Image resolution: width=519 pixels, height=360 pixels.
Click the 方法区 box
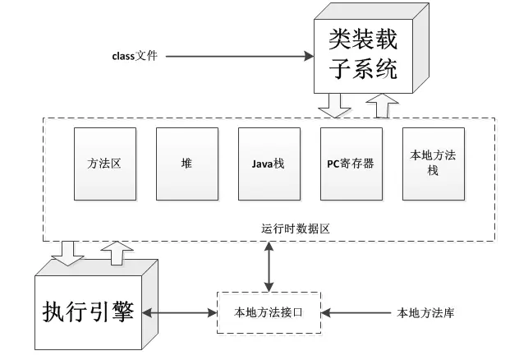click(x=105, y=164)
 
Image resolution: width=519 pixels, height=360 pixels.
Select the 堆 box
click(x=187, y=164)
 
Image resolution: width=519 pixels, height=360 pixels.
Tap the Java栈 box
click(x=269, y=164)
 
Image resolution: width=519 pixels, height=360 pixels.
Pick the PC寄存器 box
click(x=351, y=164)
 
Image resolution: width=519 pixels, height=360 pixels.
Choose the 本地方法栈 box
click(x=434, y=164)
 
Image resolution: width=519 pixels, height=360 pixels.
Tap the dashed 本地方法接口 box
click(x=269, y=312)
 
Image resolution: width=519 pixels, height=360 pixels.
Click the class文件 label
click(x=135, y=56)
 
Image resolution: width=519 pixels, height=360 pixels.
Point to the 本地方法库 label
click(x=425, y=312)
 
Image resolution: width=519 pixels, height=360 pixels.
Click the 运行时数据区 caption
click(x=296, y=228)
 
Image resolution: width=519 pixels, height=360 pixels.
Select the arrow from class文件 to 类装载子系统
click(x=240, y=57)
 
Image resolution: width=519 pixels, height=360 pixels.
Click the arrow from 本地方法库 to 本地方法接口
click(x=356, y=312)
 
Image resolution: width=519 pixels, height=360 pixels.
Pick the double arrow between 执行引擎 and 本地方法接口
click(x=179, y=312)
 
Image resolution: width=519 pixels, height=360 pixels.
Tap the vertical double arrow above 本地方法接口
click(x=269, y=266)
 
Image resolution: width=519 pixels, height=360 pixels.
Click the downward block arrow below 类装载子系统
click(x=334, y=105)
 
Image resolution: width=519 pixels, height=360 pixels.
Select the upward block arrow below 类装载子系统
click(x=383, y=106)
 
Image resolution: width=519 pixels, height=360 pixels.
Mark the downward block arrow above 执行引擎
click(x=68, y=254)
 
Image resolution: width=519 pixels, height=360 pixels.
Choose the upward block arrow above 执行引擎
click(x=117, y=253)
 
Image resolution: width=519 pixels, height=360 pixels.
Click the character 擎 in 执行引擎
click(x=123, y=312)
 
